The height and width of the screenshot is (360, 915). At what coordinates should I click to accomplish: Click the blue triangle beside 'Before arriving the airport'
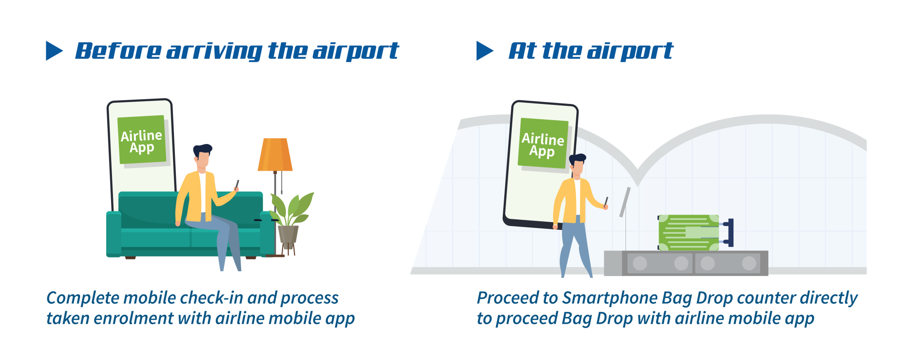click(x=53, y=51)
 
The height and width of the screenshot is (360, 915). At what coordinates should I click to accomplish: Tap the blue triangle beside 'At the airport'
click(x=484, y=51)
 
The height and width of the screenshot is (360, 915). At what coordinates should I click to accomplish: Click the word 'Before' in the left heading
click(x=118, y=51)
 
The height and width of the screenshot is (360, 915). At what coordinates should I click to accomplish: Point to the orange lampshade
click(x=275, y=154)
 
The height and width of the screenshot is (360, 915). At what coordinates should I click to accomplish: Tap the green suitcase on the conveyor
click(x=689, y=232)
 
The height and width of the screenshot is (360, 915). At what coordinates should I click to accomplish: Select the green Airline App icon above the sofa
click(x=142, y=140)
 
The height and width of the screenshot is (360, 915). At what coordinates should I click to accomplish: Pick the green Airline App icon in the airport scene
click(x=543, y=143)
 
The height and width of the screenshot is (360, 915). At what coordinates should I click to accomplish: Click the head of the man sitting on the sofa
click(x=203, y=155)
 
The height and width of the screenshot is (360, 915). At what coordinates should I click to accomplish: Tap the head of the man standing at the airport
click(x=577, y=165)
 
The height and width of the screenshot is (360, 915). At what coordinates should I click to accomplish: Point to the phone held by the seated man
click(x=237, y=185)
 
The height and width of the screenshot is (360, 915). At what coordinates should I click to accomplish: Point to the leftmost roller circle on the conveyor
click(x=640, y=263)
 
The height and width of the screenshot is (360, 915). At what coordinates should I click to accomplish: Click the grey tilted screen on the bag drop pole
click(x=625, y=202)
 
